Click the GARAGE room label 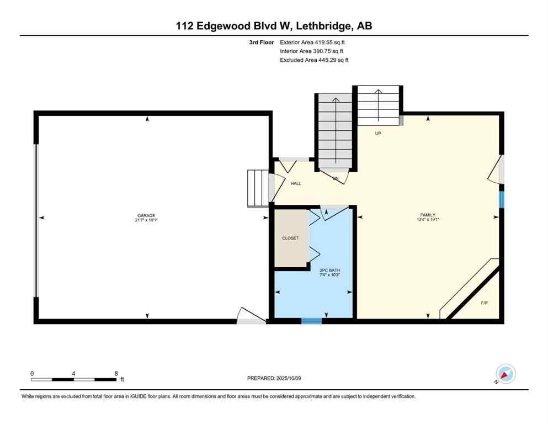tap(146, 215)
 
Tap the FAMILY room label tap(428, 215)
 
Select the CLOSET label tap(290, 239)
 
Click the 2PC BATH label tap(330, 270)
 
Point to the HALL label tap(296, 183)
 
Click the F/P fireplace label tap(484, 303)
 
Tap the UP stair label tap(378, 133)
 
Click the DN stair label tap(335, 178)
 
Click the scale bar tap(73, 379)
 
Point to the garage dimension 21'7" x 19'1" tap(147, 220)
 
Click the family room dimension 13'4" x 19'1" tap(428, 219)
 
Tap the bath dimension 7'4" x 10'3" tap(330, 274)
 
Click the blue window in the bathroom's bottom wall tap(311, 320)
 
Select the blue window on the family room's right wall tap(501, 199)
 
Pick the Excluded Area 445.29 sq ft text tap(314, 60)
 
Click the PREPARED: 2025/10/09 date tap(274, 378)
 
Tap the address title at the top tap(274, 26)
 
